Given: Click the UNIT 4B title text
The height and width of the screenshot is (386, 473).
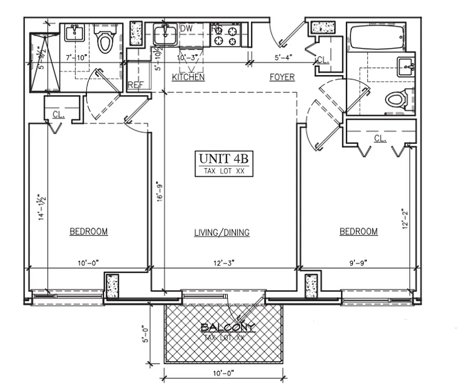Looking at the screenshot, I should point(224,159).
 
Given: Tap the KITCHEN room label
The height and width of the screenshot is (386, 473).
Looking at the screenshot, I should point(188,77).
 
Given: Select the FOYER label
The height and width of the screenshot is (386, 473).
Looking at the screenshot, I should point(282,77).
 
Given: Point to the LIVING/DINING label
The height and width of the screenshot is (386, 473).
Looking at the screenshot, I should point(222,233).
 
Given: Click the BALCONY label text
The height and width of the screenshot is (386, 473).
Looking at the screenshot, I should point(227,328).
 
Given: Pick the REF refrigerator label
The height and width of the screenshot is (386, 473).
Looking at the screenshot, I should point(136,85).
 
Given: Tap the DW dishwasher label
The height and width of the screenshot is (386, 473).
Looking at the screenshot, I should point(186,28).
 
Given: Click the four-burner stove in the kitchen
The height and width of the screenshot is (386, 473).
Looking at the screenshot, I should point(226,35).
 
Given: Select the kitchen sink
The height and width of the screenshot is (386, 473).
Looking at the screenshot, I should point(165,34).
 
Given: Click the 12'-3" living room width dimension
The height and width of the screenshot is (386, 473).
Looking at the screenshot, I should point(223,263).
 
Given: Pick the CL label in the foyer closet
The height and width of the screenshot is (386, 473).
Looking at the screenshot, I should point(322,60).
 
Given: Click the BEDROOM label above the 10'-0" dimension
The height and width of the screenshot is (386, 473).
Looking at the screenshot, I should point(89,232).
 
